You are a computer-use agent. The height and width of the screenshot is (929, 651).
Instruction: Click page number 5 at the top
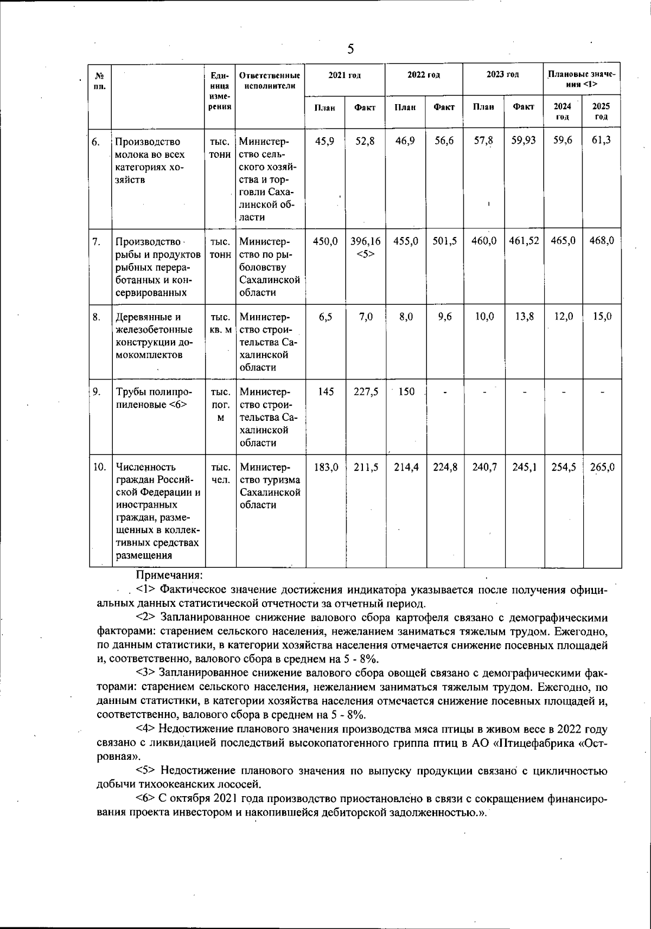point(350,49)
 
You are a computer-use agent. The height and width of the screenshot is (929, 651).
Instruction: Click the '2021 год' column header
point(344,75)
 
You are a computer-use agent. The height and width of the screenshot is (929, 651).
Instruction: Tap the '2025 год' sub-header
point(601,112)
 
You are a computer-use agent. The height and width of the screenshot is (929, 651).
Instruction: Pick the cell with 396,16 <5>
point(365,247)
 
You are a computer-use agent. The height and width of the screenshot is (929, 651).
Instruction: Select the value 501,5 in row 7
point(444,241)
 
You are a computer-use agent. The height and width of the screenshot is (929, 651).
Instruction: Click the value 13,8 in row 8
point(524,317)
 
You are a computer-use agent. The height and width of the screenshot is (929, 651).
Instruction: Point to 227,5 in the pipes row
point(365,392)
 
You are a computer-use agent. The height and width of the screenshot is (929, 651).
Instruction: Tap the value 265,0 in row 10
point(602,467)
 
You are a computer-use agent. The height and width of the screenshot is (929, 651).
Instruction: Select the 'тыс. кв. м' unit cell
point(220,323)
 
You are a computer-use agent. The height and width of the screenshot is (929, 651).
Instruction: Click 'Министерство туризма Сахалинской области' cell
point(270,486)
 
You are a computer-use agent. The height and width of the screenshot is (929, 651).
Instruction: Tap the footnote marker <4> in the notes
point(146,729)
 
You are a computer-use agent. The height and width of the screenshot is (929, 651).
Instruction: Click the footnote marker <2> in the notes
point(146,618)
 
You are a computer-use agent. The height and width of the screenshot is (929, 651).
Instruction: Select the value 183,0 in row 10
point(325,467)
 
